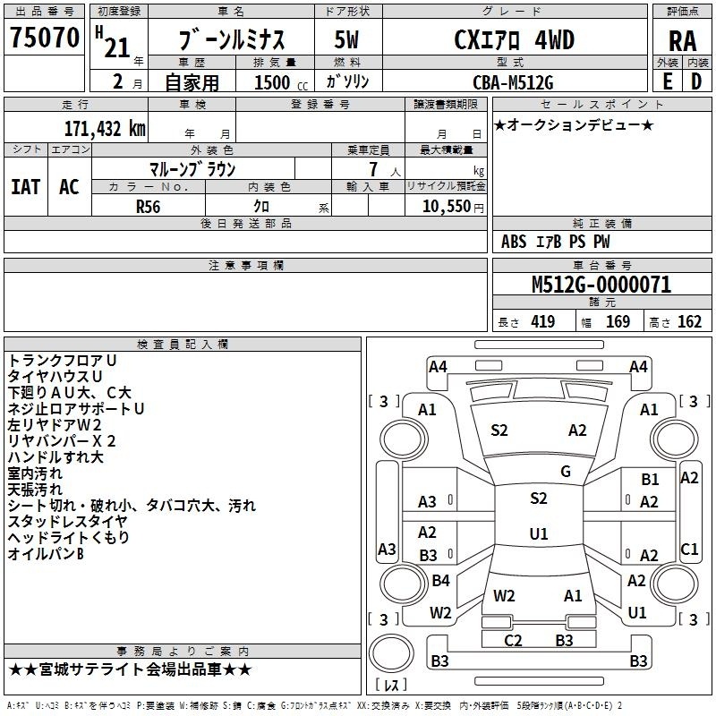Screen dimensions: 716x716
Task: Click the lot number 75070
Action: pyautogui.click(x=44, y=38)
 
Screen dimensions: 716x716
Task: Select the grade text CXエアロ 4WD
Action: pyautogui.click(x=514, y=40)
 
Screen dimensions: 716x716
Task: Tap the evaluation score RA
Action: pyautogui.click(x=682, y=41)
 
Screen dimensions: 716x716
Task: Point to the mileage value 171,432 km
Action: pyautogui.click(x=105, y=128)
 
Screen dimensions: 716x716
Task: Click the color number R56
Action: pyautogui.click(x=148, y=207)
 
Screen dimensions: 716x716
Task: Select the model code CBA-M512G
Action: pyautogui.click(x=513, y=82)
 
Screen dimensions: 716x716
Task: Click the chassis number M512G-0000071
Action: pyautogui.click(x=601, y=285)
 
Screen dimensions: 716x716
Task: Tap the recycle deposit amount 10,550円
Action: pyautogui.click(x=453, y=207)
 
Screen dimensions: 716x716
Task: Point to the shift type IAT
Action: pyautogui.click(x=26, y=187)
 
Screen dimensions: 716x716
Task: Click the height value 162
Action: pyautogui.click(x=689, y=321)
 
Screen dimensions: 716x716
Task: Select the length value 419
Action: pyautogui.click(x=543, y=321)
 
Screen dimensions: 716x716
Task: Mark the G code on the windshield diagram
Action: pyautogui.click(x=566, y=472)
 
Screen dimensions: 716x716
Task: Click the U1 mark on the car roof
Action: pyautogui.click(x=539, y=533)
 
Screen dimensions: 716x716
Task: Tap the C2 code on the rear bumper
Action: pyautogui.click(x=513, y=640)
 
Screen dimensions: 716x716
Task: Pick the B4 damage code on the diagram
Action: pyautogui.click(x=440, y=580)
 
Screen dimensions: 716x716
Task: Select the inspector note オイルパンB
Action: pyautogui.click(x=46, y=554)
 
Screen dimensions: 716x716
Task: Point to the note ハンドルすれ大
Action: pyautogui.click(x=55, y=457)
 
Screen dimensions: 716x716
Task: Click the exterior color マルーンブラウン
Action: pyautogui.click(x=192, y=169)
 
